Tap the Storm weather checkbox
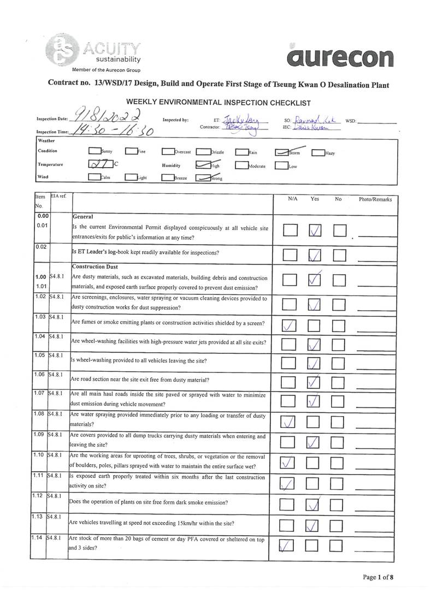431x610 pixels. point(282,152)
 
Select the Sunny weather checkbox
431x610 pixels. point(95,152)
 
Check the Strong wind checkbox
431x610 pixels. point(203,177)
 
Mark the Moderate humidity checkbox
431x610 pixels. point(242,165)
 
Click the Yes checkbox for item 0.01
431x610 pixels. point(315,231)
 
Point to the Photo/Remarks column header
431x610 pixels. point(375,199)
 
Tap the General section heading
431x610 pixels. point(82,217)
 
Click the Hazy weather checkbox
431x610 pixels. point(318,153)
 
